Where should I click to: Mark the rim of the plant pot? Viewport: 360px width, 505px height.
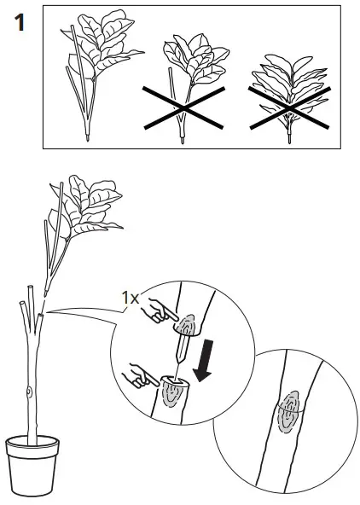click(31, 444)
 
